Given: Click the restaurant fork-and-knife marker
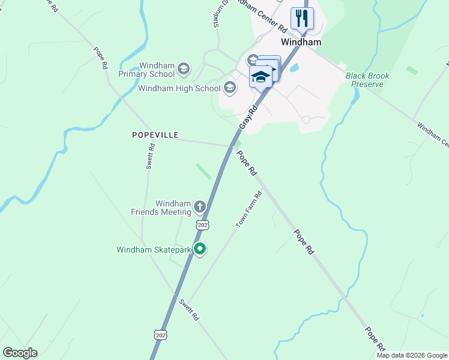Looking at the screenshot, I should pyautogui.click(x=301, y=18).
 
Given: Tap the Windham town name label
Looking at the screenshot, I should pyautogui.click(x=301, y=43).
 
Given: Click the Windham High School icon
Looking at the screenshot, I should pyautogui.click(x=229, y=88).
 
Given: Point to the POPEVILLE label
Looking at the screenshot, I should pyautogui.click(x=155, y=135).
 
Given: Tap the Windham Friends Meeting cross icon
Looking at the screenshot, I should pyautogui.click(x=200, y=208).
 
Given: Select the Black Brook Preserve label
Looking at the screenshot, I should pyautogui.click(x=367, y=80).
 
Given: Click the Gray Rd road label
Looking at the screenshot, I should pyautogui.click(x=248, y=116).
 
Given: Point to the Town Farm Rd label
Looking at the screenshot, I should pyautogui.click(x=249, y=209).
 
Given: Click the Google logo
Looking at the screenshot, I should pyautogui.click(x=20, y=352).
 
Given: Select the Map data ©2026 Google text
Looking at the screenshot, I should pyautogui.click(x=412, y=355).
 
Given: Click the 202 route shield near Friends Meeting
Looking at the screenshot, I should pyautogui.click(x=202, y=224).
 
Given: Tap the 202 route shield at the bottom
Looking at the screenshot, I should pyautogui.click(x=159, y=333).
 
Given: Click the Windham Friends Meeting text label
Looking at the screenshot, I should pyautogui.click(x=160, y=208).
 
